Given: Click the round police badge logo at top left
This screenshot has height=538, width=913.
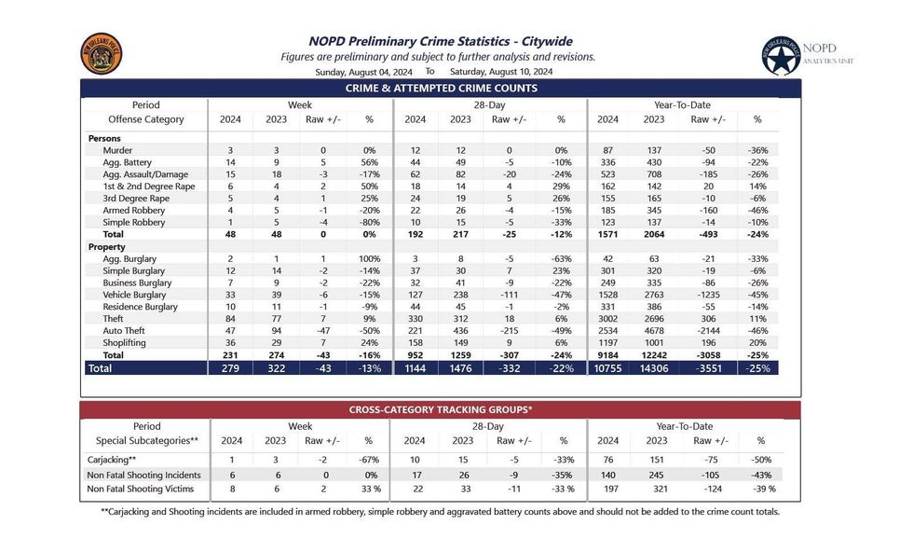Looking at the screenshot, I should pyautogui.click(x=102, y=54).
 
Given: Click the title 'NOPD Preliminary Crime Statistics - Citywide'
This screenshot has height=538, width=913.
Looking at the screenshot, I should pyautogui.click(x=440, y=41).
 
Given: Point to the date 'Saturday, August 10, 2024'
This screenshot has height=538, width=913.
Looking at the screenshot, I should pyautogui.click(x=501, y=72).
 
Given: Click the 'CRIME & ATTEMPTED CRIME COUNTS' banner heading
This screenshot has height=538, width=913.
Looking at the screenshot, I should pyautogui.click(x=441, y=89).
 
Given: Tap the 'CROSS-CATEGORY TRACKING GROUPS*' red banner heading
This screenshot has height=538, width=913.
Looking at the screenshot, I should pyautogui.click(x=441, y=408).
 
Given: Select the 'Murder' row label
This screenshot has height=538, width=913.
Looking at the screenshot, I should pyautogui.click(x=117, y=150).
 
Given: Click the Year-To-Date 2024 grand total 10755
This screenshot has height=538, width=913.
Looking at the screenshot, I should pyautogui.click(x=607, y=368).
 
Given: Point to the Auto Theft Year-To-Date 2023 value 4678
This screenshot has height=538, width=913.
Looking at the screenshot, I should pyautogui.click(x=654, y=331).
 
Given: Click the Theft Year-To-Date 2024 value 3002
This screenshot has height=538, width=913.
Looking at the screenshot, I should pyautogui.click(x=607, y=319).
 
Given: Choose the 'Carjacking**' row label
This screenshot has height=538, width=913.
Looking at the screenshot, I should pyautogui.click(x=112, y=459).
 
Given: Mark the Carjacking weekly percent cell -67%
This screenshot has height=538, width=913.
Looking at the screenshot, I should pyautogui.click(x=368, y=459).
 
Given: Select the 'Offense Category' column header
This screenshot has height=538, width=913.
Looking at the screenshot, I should pyautogui.click(x=146, y=119).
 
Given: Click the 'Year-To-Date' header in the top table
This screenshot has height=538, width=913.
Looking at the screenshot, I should pyautogui.click(x=681, y=105).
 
